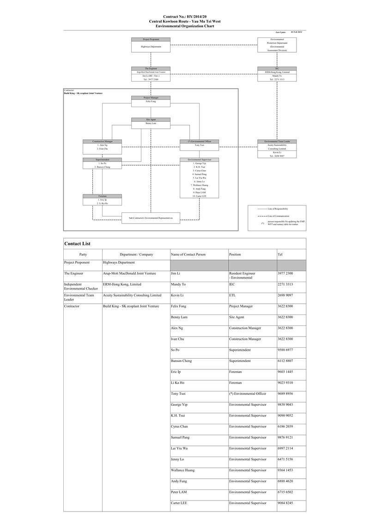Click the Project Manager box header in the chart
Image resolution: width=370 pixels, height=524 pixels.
[151, 97]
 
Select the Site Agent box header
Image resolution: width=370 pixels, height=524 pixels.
[151, 119]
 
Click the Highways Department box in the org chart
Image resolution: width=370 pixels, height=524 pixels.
[151, 47]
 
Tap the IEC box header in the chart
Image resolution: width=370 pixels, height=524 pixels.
[277, 68]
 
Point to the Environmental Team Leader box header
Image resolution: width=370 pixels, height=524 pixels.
[277, 141]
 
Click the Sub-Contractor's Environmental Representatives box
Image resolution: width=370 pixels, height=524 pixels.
[147, 217]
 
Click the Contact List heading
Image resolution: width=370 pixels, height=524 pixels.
[77, 244]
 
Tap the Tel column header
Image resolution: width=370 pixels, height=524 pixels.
[280, 254]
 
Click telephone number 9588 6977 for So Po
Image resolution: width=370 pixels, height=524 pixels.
[285, 350]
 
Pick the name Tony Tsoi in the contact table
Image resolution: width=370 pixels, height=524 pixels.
[178, 394]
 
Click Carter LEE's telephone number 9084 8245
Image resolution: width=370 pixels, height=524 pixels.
[285, 503]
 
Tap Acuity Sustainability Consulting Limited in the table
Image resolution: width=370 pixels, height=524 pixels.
[132, 295]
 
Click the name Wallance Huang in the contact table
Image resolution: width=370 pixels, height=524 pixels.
[182, 470]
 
